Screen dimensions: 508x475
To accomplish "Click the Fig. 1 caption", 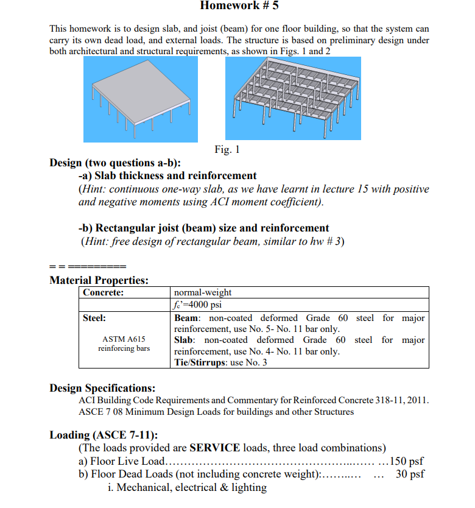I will click(227, 149).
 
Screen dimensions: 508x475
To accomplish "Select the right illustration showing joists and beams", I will click(293, 97).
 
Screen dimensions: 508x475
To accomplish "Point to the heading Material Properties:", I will click(99, 280).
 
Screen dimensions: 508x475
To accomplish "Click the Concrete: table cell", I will click(104, 292).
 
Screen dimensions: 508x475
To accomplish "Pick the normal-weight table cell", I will click(203, 292).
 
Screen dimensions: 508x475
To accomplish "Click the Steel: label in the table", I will click(94, 318).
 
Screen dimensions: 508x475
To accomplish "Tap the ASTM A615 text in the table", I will click(124, 339).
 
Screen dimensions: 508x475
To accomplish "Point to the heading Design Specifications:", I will click(102, 388).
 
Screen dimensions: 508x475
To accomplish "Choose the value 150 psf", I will click(406, 461).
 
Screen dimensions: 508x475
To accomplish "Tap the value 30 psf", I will click(410, 474).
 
